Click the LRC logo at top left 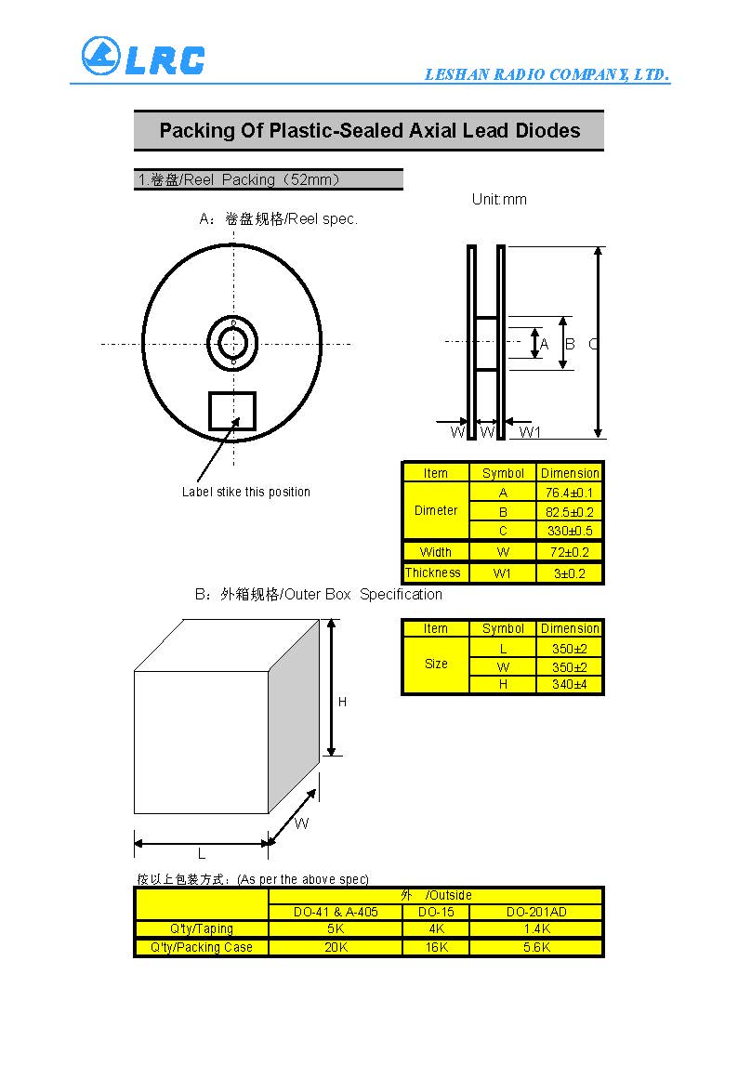pyautogui.click(x=142, y=57)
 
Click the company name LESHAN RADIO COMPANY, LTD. pyautogui.click(x=547, y=75)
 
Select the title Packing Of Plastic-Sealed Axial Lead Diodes pyautogui.click(x=369, y=131)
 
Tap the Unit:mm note pyautogui.click(x=499, y=200)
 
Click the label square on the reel pyautogui.click(x=231, y=410)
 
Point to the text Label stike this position pyautogui.click(x=246, y=492)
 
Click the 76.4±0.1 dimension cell pyautogui.click(x=569, y=494)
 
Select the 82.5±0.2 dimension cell pyautogui.click(x=569, y=512)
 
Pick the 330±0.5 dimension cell pyautogui.click(x=569, y=532)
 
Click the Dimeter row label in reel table pyautogui.click(x=436, y=510)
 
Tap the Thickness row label pyautogui.click(x=433, y=573)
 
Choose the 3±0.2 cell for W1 pyautogui.click(x=569, y=573)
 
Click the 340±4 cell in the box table pyautogui.click(x=569, y=685)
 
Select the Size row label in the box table pyautogui.click(x=436, y=664)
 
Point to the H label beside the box pyautogui.click(x=342, y=703)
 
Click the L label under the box pyautogui.click(x=201, y=853)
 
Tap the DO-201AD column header pyautogui.click(x=536, y=912)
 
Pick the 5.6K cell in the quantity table pyautogui.click(x=536, y=947)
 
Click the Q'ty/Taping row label pyautogui.click(x=201, y=928)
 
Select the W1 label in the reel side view pyautogui.click(x=530, y=431)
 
